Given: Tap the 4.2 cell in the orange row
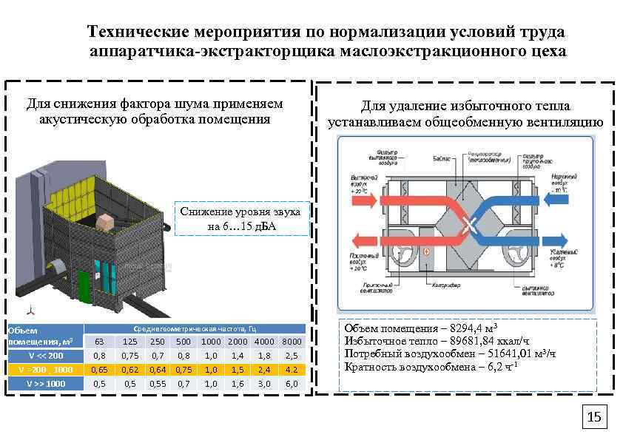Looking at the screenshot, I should [292, 370].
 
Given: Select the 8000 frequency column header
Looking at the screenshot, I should [292, 342].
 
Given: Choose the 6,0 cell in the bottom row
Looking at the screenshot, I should [292, 384].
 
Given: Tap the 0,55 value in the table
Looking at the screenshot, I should [157, 384].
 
